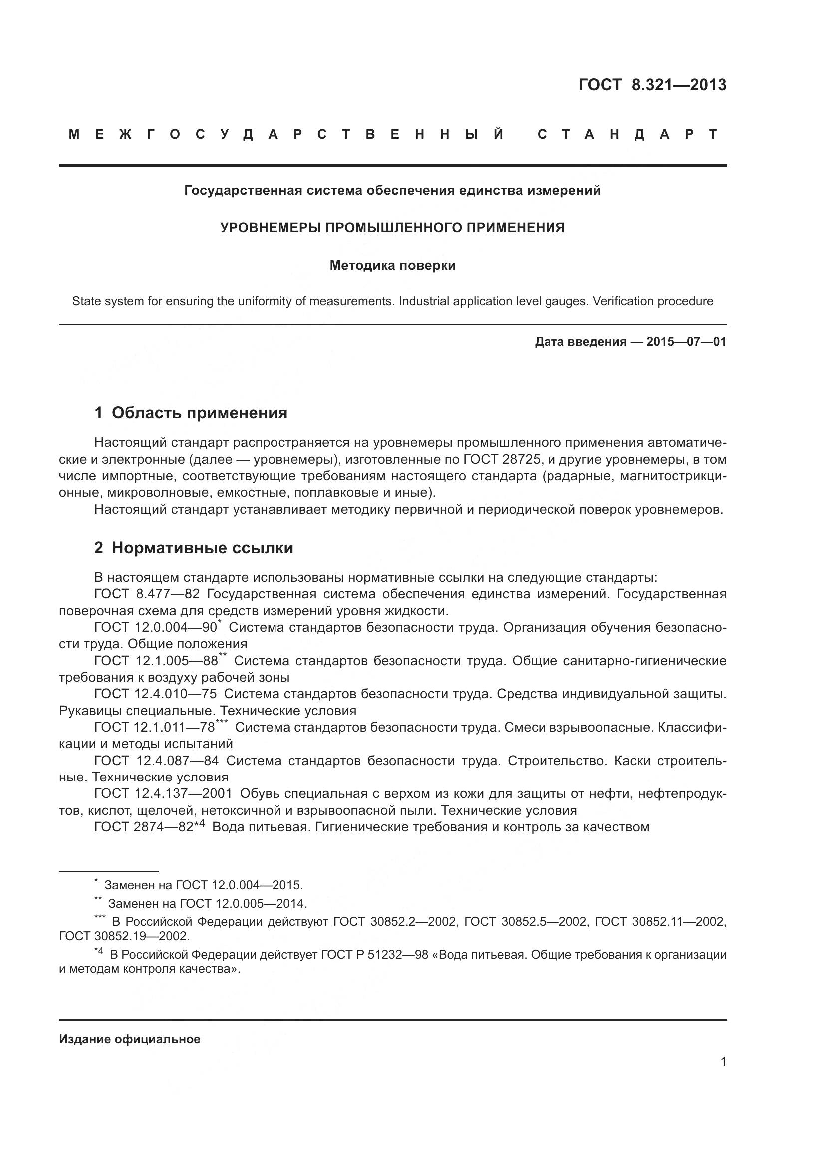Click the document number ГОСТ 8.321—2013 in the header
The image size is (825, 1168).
point(652,85)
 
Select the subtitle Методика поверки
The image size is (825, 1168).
point(392,266)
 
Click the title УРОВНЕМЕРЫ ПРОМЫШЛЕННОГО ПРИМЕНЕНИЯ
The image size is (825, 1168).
point(392,228)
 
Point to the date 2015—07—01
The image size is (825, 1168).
point(686,342)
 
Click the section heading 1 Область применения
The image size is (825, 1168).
point(191,413)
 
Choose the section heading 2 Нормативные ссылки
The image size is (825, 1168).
point(194,548)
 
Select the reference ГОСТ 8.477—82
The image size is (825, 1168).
point(147,594)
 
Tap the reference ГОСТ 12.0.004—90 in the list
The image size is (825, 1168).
point(156,627)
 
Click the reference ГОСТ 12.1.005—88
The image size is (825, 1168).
point(156,661)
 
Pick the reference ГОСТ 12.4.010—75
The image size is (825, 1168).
point(156,694)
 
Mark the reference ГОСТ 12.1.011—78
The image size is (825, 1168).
point(155,728)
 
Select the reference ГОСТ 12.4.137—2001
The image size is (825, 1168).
point(163,793)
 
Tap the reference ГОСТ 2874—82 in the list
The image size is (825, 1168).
point(144,827)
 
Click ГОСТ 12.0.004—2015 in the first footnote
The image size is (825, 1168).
point(239,886)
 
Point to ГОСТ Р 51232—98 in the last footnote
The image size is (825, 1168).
point(374,955)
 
